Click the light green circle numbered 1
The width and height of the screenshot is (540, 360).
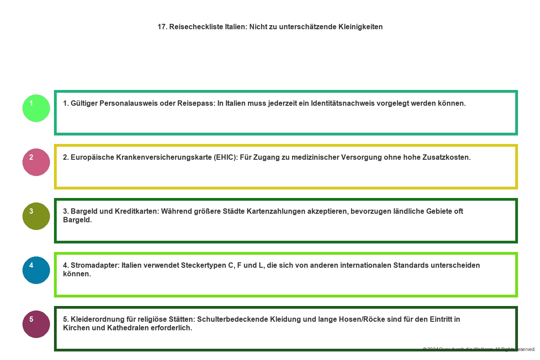36,108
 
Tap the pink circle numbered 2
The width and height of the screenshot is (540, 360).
36,162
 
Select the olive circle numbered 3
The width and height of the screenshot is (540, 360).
36,216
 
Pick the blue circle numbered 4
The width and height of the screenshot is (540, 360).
36,270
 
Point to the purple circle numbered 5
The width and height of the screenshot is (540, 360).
36,324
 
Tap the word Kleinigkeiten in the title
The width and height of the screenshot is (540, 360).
360,27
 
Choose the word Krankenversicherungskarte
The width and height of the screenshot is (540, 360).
164,157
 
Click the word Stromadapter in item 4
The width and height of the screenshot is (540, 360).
94,265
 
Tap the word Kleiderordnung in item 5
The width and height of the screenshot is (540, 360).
97,319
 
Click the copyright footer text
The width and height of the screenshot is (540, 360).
479,349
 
